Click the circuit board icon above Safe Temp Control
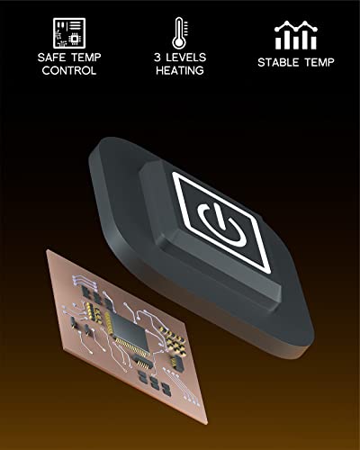(x=69, y=33)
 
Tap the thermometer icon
(x=179, y=33)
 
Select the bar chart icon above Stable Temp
(x=296, y=35)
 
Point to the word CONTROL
(x=69, y=70)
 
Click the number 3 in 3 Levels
(x=157, y=58)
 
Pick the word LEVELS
(x=186, y=58)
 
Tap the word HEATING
(x=180, y=70)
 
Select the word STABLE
(x=278, y=62)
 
